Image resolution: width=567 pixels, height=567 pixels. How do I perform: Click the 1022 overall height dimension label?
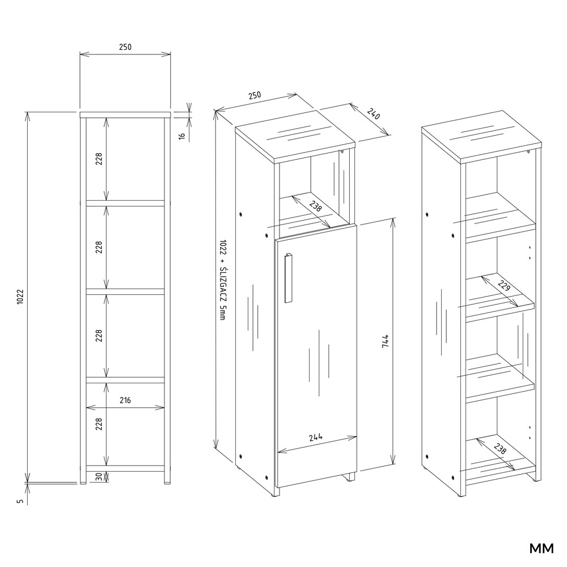(20, 297)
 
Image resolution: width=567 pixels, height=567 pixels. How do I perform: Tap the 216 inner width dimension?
(125, 400)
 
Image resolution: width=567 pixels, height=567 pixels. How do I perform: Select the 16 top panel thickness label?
(182, 136)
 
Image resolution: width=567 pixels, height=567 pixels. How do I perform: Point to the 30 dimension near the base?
(99, 477)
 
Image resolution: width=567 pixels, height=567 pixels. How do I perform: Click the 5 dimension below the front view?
(20, 501)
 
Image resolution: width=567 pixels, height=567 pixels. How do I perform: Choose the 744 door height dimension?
(385, 341)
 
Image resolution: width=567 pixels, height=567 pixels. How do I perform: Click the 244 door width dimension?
(316, 438)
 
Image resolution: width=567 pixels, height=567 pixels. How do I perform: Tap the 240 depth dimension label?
(374, 114)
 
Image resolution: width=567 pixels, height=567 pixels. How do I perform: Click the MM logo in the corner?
(541, 548)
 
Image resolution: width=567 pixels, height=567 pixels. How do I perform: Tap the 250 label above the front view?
(125, 47)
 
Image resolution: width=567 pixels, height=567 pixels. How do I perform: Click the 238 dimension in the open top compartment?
(315, 206)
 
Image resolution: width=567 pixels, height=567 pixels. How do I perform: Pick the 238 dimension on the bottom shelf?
(500, 448)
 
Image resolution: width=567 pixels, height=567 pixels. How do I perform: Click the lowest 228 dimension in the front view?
(99, 424)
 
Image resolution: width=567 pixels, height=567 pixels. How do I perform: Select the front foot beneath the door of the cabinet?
(350, 477)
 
